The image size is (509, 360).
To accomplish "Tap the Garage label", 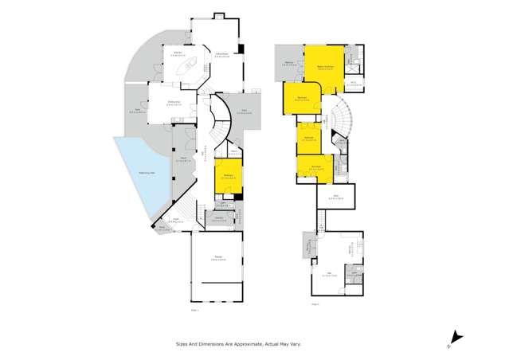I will point(217,257).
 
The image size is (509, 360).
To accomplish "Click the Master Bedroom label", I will point(325,66).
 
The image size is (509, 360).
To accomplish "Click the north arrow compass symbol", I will point(455,338).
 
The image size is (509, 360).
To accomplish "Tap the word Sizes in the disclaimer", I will point(182,344).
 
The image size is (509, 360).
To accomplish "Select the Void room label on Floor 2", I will point(335,196).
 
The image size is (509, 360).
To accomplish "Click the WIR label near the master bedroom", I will point(353,82).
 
